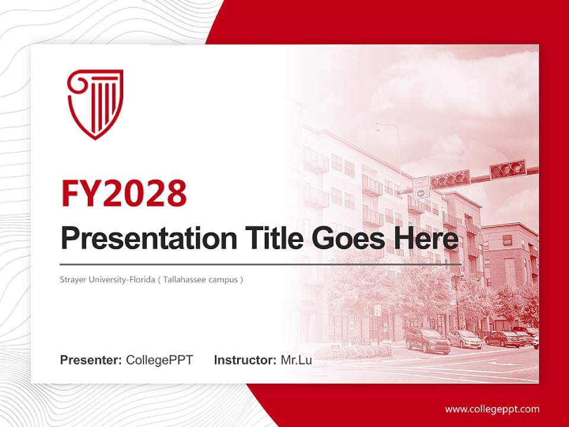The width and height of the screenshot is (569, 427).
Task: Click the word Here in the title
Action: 423,238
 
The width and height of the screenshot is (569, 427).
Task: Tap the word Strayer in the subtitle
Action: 72,279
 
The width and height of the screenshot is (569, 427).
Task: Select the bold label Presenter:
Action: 91,359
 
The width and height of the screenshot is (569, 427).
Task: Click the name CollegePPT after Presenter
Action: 159,359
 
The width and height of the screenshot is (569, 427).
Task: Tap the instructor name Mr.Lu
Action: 296,359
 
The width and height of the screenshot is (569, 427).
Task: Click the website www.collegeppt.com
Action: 492,409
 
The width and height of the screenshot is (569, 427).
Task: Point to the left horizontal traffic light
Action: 450,179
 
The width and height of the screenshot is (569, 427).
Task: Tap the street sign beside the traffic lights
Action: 421,186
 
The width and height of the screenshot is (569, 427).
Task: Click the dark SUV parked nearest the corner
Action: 427,340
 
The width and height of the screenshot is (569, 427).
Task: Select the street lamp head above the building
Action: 379,126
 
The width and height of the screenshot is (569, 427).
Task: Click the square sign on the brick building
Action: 507,240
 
